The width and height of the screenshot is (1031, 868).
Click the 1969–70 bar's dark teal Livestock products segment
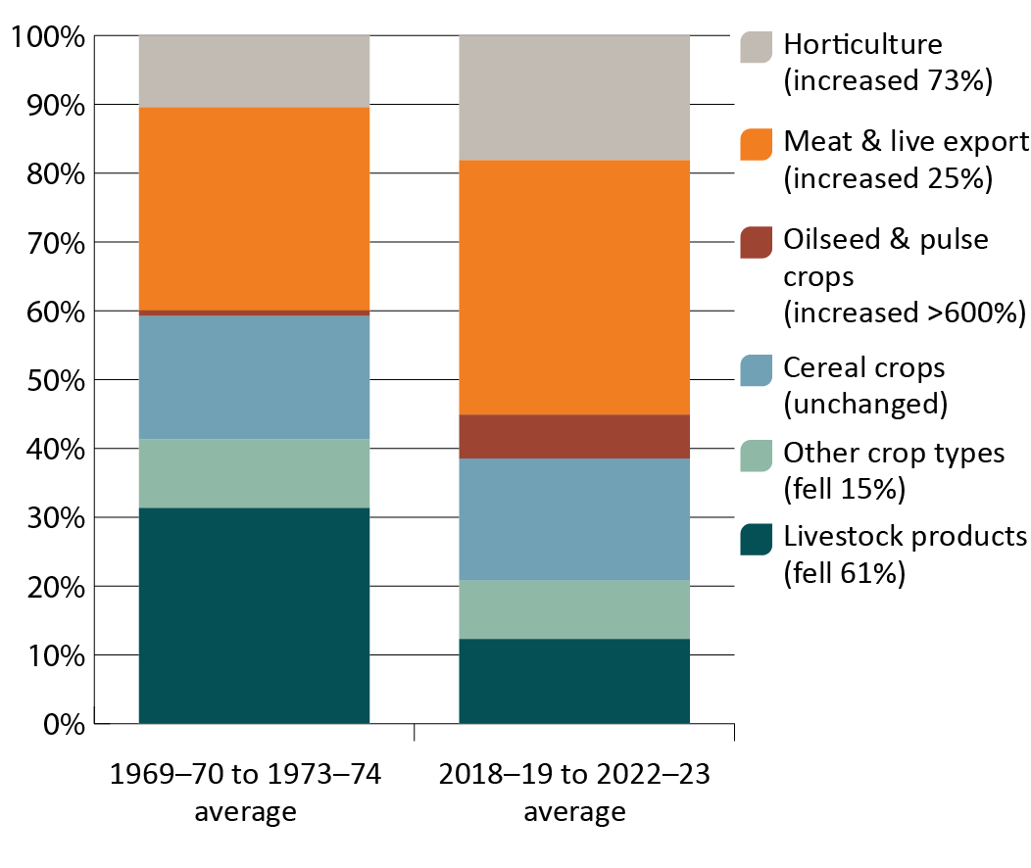pyautogui.click(x=254, y=615)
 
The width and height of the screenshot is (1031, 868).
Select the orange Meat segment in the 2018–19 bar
pyautogui.click(x=574, y=286)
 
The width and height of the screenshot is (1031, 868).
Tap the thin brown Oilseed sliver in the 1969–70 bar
pyautogui.click(x=254, y=313)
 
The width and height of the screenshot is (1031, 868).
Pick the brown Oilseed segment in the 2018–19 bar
pyautogui.click(x=574, y=436)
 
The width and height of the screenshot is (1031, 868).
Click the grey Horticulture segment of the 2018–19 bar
pyautogui.click(x=574, y=97)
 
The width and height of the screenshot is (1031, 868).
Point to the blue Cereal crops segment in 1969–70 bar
pyautogui.click(x=254, y=377)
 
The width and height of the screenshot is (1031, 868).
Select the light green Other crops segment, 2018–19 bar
pyautogui.click(x=574, y=608)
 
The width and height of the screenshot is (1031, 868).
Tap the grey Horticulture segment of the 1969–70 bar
pyautogui.click(x=254, y=71)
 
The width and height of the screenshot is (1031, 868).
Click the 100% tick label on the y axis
pyautogui.click(x=47, y=37)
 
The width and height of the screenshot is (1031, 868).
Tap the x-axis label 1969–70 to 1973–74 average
pyautogui.click(x=245, y=794)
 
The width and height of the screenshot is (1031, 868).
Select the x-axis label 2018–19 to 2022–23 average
pyautogui.click(x=574, y=794)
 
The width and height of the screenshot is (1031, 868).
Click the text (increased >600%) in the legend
pyautogui.click(x=904, y=313)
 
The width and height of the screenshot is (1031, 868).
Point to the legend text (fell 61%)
pyautogui.click(x=844, y=574)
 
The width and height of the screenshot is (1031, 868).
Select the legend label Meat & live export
pyautogui.click(x=906, y=142)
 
